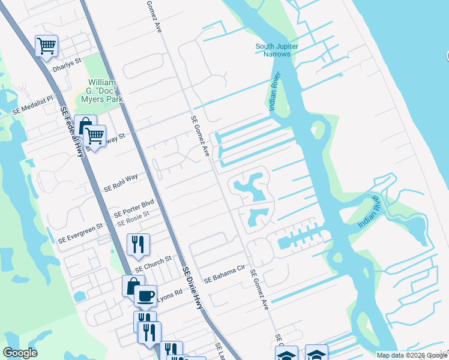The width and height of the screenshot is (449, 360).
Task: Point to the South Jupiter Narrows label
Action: pos(277,50)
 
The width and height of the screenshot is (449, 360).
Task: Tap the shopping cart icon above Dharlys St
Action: pos(46,46)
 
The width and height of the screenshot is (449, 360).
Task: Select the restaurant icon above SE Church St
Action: pos(138,244)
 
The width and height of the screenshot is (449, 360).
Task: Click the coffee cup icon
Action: pos(145,296)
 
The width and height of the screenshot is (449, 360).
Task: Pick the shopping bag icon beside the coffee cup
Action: pos(132,286)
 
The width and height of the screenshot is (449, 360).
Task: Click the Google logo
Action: pos(20,353)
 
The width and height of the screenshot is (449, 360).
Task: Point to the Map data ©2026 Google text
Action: pos(411,355)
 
